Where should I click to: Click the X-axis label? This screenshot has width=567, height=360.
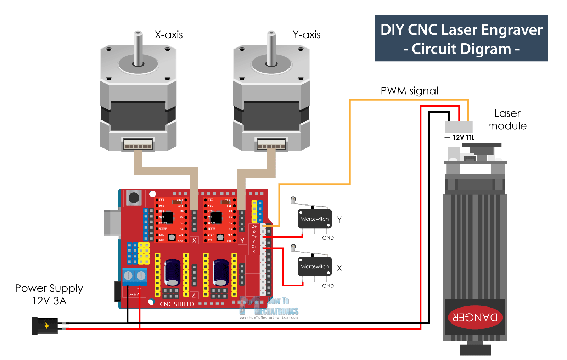pyautogui.click(x=168, y=35)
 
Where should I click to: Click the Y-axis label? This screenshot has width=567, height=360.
pyautogui.click(x=307, y=35)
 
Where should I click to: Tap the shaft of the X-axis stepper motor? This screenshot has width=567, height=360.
pyautogui.click(x=138, y=48)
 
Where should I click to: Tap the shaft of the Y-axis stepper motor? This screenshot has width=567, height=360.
pyautogui.click(x=271, y=48)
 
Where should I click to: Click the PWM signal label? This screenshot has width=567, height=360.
pyautogui.click(x=409, y=91)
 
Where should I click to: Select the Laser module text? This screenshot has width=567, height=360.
pyautogui.click(x=507, y=119)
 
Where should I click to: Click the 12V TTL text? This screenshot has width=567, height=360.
pyautogui.click(x=463, y=137)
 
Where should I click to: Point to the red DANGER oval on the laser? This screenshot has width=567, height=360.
pyautogui.click(x=475, y=317)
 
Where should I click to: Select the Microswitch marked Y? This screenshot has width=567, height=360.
pyautogui.click(x=314, y=219)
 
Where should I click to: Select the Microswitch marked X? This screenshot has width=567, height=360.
pyautogui.click(x=314, y=266)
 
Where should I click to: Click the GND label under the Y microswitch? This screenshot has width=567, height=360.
pyautogui.click(x=328, y=238)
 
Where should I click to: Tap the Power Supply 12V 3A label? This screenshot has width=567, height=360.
pyautogui.click(x=49, y=294)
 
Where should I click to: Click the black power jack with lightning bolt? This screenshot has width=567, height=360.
pyautogui.click(x=45, y=326)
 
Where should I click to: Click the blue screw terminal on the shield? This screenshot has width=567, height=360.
pyautogui.click(x=134, y=276)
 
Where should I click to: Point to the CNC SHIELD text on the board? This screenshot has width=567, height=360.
pyautogui.click(x=177, y=304)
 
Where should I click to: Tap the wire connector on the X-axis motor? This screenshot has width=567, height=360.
pyautogui.click(x=138, y=144)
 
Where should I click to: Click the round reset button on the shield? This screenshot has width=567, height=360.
pyautogui.click(x=134, y=197)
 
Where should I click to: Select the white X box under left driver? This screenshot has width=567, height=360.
pyautogui.click(x=194, y=240)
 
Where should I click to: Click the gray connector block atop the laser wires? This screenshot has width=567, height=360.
pyautogui.click(x=459, y=126)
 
